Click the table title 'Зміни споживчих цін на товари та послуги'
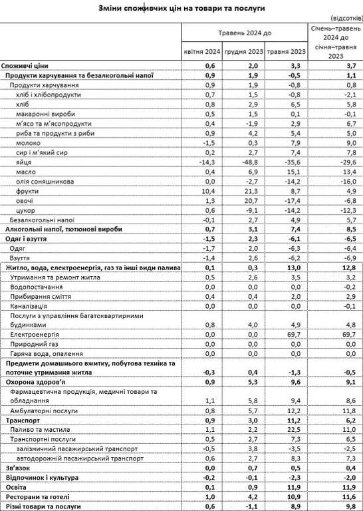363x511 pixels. tap(181, 8)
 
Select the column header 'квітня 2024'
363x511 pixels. tap(202, 52)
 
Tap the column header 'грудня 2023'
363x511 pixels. tap(244, 52)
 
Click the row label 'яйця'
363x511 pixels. tap(24, 162)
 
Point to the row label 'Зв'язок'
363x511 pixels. tap(19, 468)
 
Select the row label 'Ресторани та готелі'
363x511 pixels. tap(38, 497)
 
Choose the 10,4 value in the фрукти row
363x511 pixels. tap(209, 190)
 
